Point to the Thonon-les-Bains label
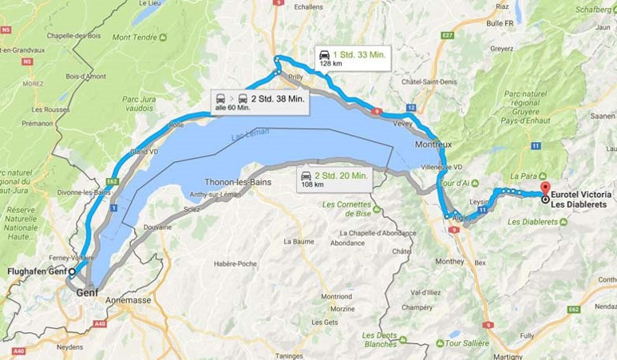click(238, 182)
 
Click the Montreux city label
click(433, 144)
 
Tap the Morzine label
click(337, 309)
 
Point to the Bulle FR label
click(500, 23)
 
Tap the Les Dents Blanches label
click(380, 339)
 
